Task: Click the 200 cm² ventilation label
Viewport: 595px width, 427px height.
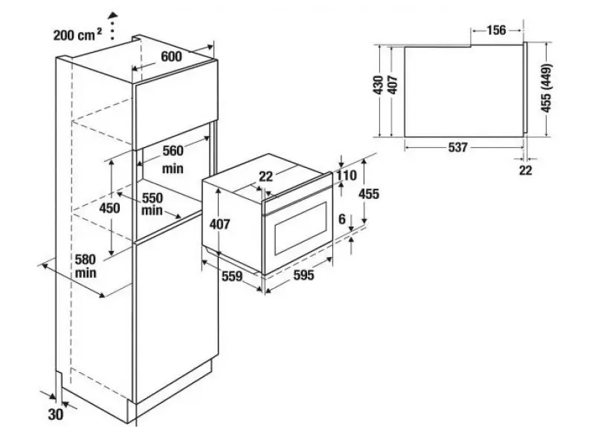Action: (77, 35)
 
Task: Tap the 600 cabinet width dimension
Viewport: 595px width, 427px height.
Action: (172, 56)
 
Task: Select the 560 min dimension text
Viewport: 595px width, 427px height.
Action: (173, 160)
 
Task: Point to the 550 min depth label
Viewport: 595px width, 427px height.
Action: (152, 203)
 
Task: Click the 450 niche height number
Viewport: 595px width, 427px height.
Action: (109, 208)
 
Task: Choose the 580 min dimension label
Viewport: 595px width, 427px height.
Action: (86, 266)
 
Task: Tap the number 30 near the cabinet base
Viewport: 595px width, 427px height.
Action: (55, 414)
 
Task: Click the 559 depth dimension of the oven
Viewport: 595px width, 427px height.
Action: (232, 276)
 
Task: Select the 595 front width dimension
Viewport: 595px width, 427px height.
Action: (303, 275)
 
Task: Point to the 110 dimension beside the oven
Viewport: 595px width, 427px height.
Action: (347, 175)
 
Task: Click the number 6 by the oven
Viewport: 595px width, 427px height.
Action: (342, 218)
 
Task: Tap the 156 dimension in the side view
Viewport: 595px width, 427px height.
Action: (496, 30)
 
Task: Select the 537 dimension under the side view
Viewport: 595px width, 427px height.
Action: (457, 147)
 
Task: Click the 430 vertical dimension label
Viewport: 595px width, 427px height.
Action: (379, 85)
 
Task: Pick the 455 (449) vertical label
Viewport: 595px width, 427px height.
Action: (546, 88)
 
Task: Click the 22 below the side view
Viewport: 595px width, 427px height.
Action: (526, 171)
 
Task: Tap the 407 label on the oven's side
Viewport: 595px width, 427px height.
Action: (219, 224)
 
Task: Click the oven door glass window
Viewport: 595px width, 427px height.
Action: (300, 228)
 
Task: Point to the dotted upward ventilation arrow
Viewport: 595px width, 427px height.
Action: (112, 26)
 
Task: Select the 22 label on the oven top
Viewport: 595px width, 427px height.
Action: (266, 176)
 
